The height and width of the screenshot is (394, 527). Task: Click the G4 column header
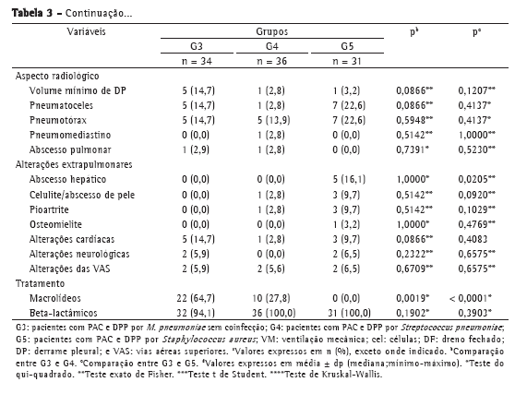272,46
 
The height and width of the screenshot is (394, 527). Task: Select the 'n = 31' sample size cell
347,61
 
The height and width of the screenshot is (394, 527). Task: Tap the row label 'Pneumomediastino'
70,135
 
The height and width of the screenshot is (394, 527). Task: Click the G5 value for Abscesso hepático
349,179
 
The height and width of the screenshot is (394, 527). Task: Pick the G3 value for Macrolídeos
196,298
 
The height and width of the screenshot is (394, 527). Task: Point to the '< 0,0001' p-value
470,298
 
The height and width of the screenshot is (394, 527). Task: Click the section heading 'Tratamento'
40,283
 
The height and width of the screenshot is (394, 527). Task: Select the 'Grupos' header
272,31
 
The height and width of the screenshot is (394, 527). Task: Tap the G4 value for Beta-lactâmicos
274,313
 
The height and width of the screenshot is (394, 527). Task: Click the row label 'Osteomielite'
55,224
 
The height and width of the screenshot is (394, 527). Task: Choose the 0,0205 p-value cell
476,179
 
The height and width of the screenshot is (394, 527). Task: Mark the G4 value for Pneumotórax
273,120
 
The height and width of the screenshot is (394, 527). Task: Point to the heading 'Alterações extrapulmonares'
74,164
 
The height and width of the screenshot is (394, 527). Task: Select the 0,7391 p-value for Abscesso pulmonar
413,149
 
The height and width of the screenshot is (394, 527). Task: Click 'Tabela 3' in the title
32,14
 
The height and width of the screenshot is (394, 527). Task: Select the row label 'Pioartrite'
49,209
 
